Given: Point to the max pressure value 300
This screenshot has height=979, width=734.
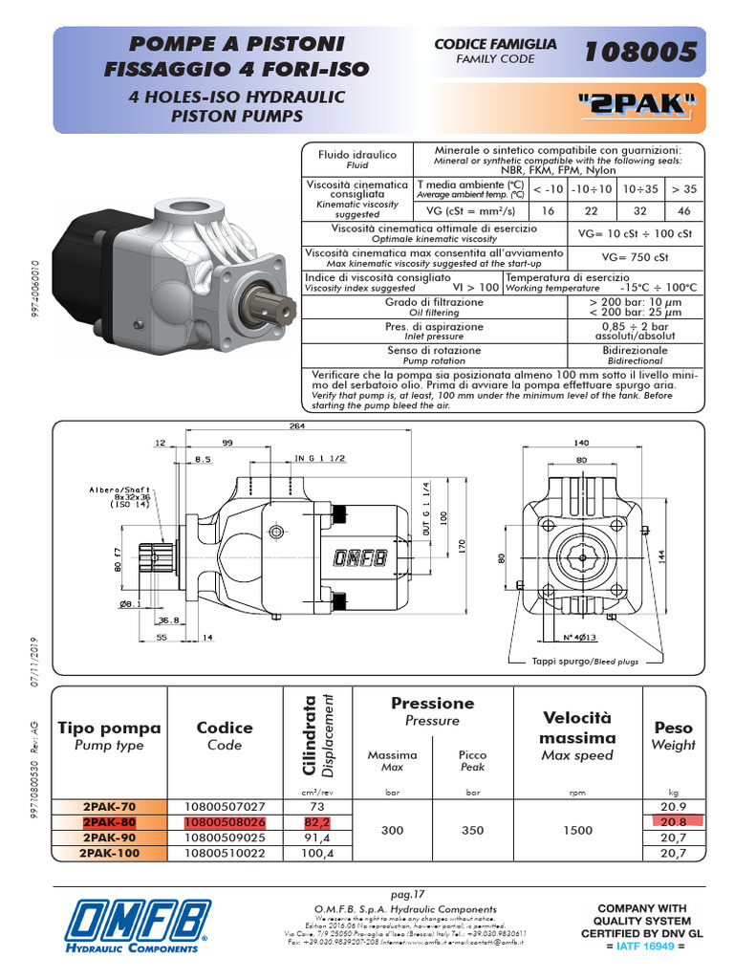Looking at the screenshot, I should pyautogui.click(x=392, y=831).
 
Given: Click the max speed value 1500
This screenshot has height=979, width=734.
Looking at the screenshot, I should pyautogui.click(x=577, y=831).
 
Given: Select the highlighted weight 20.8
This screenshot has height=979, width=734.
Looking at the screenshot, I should pyautogui.click(x=677, y=821).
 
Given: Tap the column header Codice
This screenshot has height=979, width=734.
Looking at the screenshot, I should pyautogui.click(x=225, y=728).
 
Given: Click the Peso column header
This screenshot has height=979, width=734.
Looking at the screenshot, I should pyautogui.click(x=674, y=728).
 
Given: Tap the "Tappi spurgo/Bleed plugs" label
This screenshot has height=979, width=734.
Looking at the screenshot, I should pyautogui.click(x=585, y=662).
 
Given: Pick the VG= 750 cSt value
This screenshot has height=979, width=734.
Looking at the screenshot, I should pyautogui.click(x=632, y=256).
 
